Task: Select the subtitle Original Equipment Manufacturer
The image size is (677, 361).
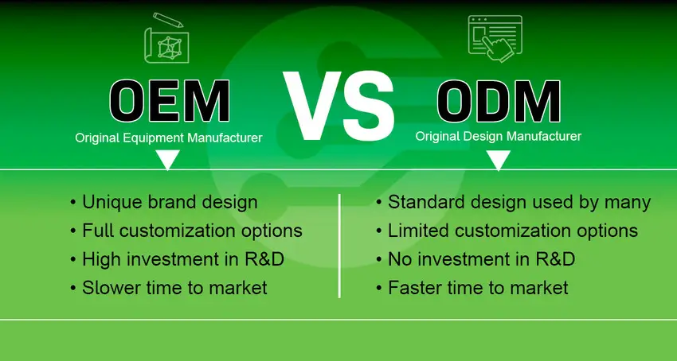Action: [169, 138]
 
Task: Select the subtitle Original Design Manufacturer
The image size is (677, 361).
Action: [498, 137]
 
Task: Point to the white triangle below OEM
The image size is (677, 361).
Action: [167, 161]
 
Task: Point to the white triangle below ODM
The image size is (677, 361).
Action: [498, 161]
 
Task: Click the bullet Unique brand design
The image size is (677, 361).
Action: [169, 202]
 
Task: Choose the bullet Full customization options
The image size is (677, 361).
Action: [191, 231]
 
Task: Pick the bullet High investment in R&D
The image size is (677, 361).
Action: [182, 259]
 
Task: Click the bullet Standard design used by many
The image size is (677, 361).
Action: [519, 202]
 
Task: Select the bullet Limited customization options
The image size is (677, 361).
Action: [512, 231]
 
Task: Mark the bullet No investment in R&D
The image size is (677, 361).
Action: [481, 259]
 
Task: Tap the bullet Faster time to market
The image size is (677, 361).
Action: [478, 288]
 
